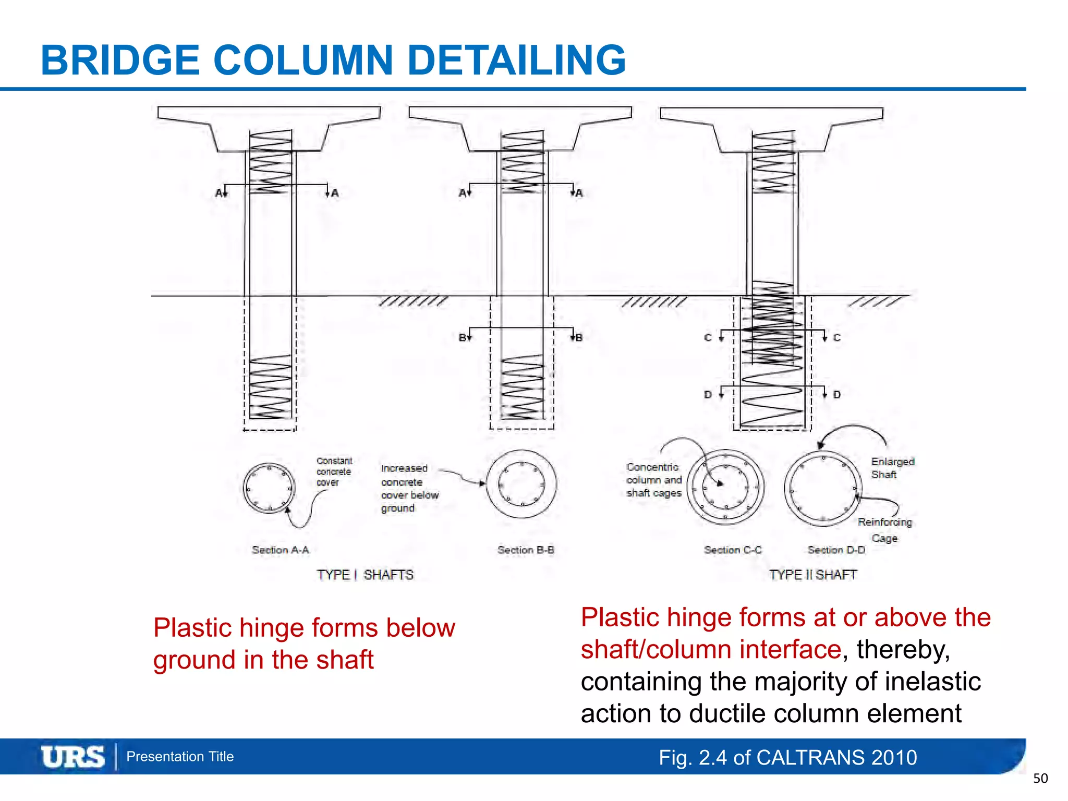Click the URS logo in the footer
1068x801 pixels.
[x=73, y=757]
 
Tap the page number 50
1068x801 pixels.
[x=1040, y=779]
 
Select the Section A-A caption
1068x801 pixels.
[x=281, y=550]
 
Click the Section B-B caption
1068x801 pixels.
[x=526, y=550]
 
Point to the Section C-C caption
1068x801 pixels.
[x=733, y=550]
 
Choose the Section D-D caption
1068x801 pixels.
[x=836, y=550]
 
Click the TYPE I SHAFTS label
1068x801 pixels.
[x=365, y=575]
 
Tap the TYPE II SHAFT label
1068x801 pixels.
[x=813, y=575]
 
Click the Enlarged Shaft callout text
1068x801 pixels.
[x=892, y=468]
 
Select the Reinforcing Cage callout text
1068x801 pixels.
[x=885, y=529]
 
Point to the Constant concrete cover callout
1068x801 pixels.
[x=334, y=471]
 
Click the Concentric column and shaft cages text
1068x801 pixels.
[x=654, y=480]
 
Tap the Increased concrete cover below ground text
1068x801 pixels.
[x=409, y=488]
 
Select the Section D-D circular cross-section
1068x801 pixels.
[x=823, y=488]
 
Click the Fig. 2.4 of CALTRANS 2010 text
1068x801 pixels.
[x=787, y=757]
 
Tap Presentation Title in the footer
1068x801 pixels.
[x=180, y=757]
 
